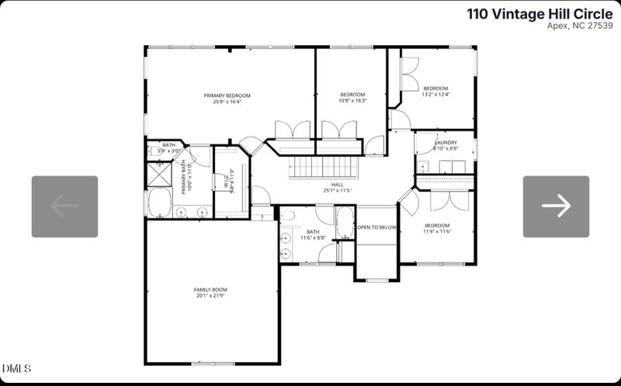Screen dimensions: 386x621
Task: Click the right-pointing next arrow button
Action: [556, 206]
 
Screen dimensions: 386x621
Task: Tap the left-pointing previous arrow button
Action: [64, 206]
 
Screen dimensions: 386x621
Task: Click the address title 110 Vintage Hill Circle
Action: [539, 13]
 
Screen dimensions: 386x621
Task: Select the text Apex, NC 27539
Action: [580, 26]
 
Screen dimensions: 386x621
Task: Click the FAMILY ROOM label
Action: [210, 290]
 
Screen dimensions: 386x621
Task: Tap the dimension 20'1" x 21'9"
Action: [210, 296]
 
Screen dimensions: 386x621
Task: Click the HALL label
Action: [338, 185]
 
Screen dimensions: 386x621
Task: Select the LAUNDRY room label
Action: [446, 143]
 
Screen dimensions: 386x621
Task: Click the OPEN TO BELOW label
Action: [376, 228]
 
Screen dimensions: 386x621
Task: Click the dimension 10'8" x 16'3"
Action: [352, 101]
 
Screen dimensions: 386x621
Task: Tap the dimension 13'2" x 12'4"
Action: [435, 95]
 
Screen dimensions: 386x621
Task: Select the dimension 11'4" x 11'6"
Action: [437, 231]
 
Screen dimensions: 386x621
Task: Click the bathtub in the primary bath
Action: [159, 204]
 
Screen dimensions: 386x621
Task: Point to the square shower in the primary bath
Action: [159, 175]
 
